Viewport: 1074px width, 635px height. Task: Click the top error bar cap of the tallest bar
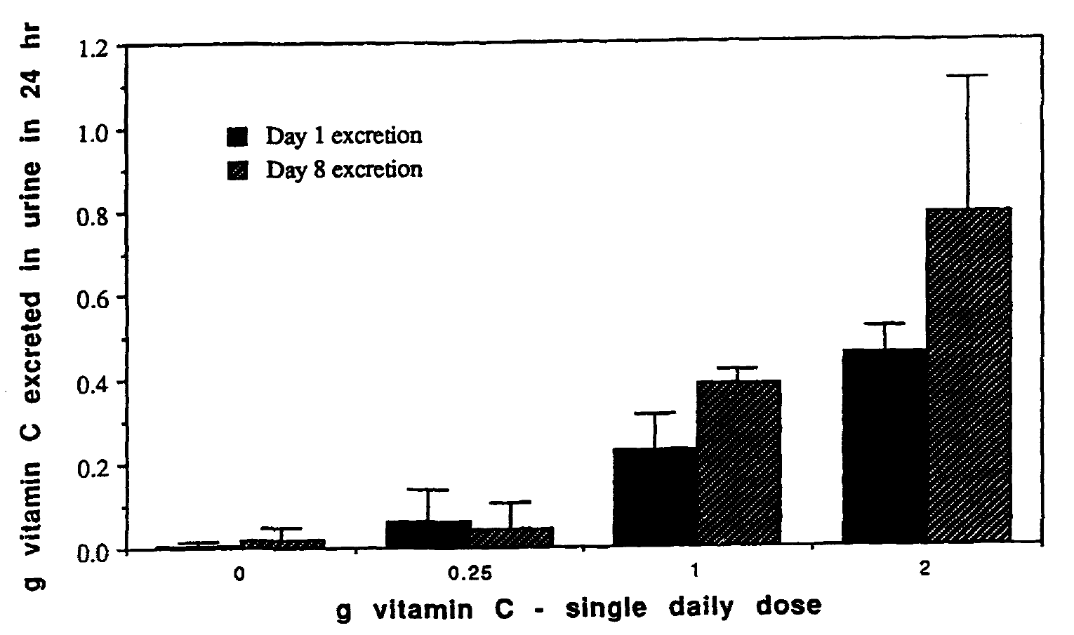pos(967,75)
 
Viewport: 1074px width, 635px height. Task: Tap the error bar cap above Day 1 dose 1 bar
pos(655,413)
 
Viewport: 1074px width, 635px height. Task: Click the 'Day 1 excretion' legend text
pos(343,135)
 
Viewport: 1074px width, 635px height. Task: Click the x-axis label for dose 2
pos(924,570)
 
